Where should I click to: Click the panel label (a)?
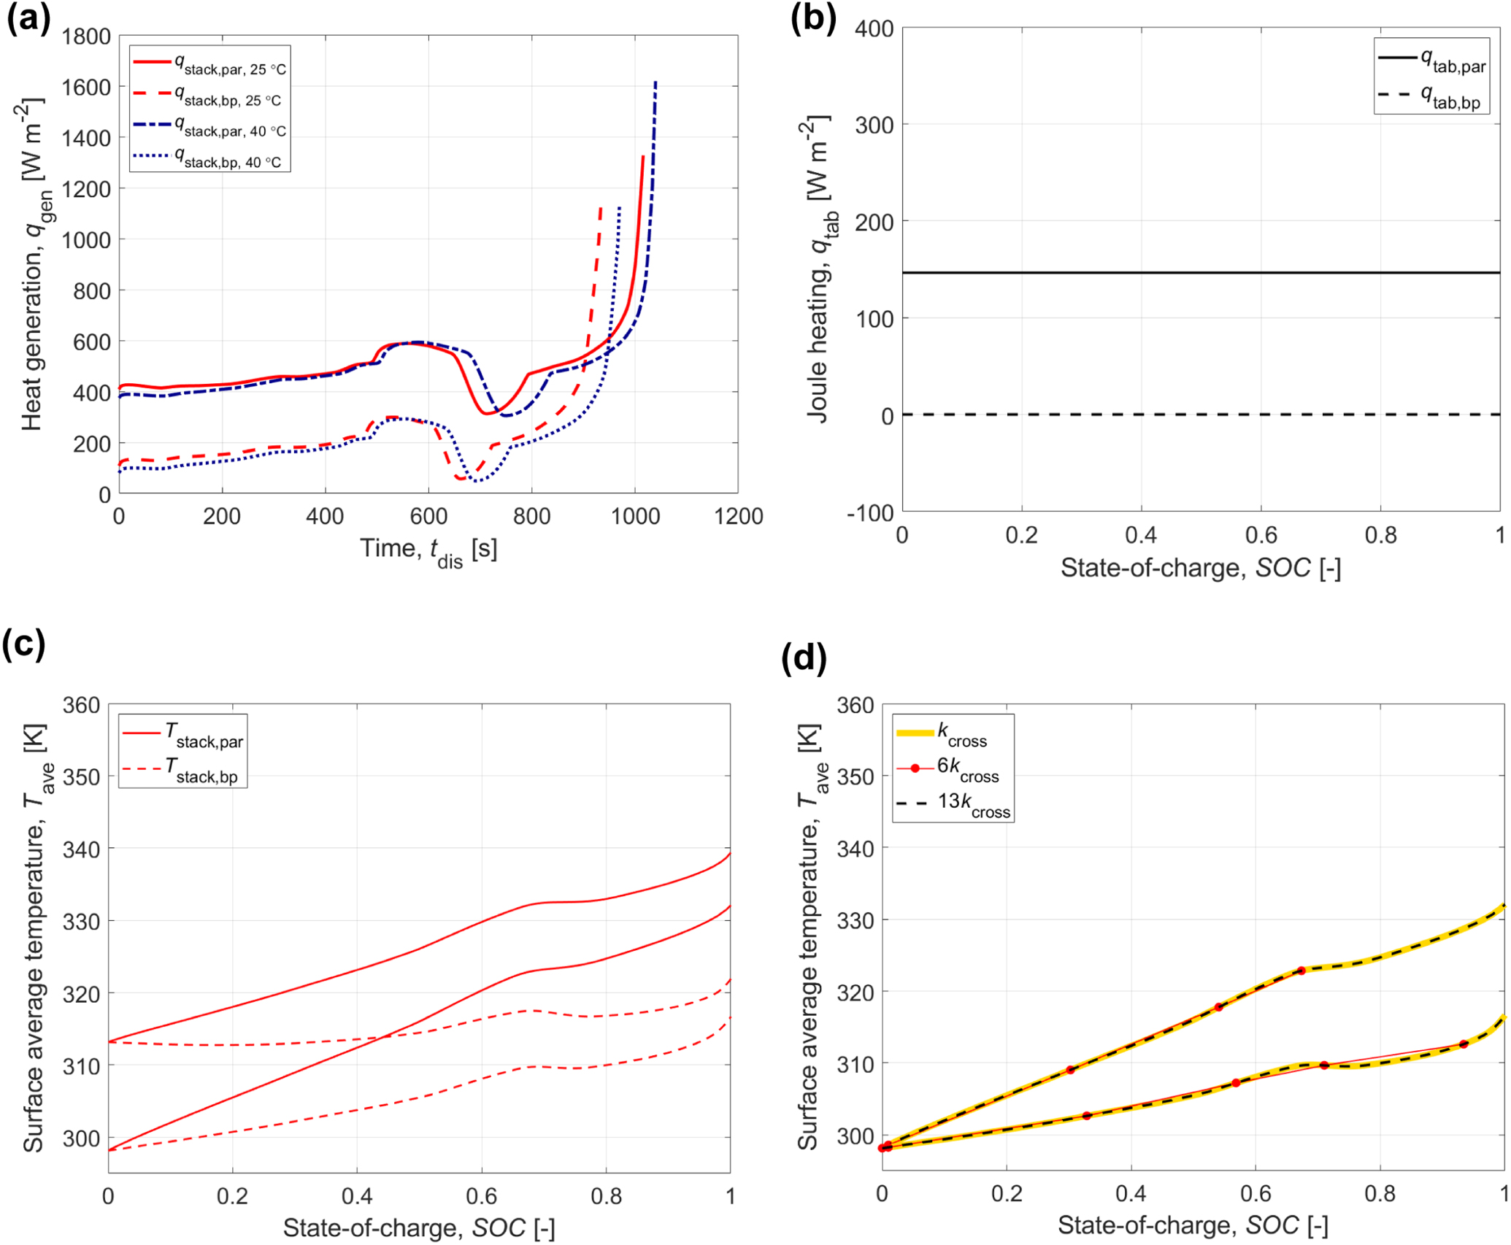pos(28,19)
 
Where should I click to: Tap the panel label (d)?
pos(803,658)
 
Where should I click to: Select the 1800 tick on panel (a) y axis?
pos(86,36)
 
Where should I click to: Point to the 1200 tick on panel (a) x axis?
pos(738,517)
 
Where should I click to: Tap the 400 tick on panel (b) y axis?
pos(874,29)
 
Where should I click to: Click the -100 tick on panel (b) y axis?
pos(870,513)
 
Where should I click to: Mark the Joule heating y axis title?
pos(820,270)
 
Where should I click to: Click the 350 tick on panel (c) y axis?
pos(81,776)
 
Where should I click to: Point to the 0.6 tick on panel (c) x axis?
pos(481,1197)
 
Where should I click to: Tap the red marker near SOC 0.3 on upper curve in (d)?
pos(1071,1071)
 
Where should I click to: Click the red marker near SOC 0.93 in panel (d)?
pos(1463,1045)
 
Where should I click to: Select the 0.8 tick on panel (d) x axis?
pos(1380,1195)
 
